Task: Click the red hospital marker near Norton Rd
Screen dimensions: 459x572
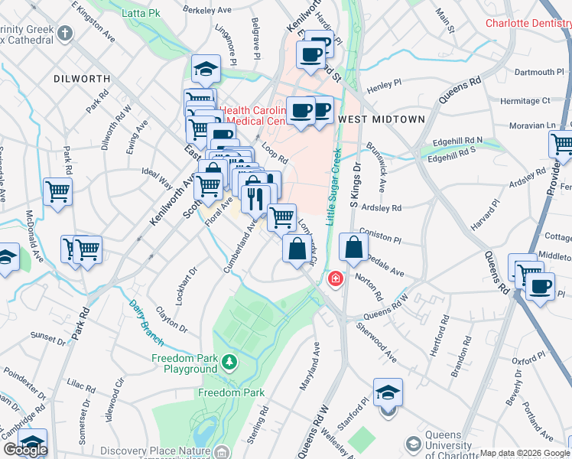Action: (x=334, y=280)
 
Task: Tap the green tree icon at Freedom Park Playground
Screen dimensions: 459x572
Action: (x=229, y=360)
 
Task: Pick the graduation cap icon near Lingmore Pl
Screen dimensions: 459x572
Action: (x=205, y=69)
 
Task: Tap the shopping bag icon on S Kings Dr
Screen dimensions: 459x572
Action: (x=353, y=247)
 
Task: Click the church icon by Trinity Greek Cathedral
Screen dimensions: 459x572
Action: (x=65, y=33)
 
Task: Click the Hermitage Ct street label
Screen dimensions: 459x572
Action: (x=525, y=100)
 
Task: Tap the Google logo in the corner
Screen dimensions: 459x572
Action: (x=25, y=450)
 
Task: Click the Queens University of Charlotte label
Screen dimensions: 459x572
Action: (x=449, y=451)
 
